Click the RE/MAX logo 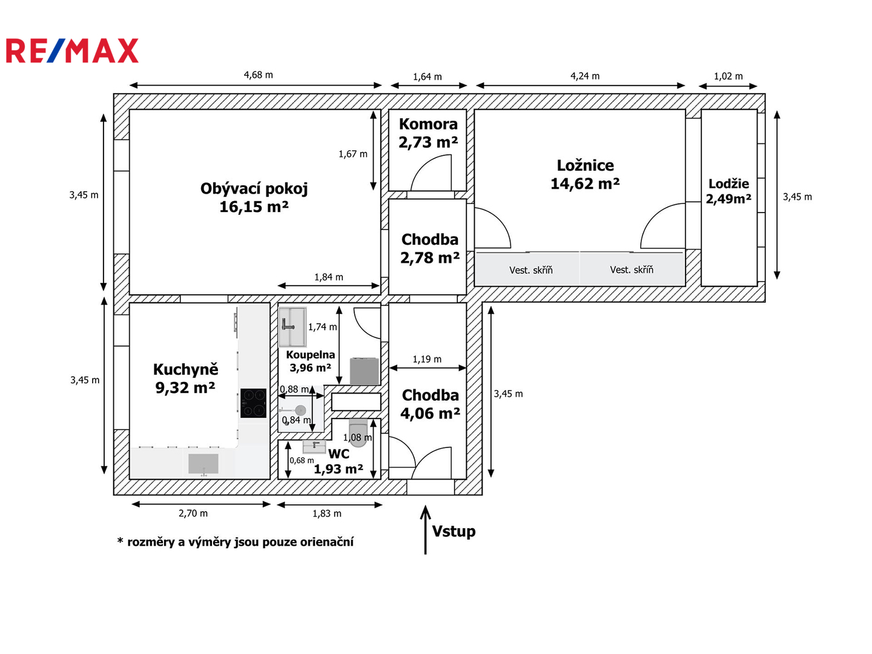[72, 50]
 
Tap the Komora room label [428, 124]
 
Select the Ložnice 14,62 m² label [585, 174]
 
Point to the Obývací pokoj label [254, 188]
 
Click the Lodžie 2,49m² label [728, 191]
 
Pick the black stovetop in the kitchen [253, 403]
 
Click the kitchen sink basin [203, 463]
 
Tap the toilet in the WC [358, 432]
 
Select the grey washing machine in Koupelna [364, 371]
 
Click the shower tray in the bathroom [292, 327]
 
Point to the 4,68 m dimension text [258, 74]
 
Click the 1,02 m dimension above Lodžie [728, 76]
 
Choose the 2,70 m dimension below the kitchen [193, 513]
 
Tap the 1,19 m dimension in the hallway [427, 359]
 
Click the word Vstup [454, 531]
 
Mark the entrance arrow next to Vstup [426, 530]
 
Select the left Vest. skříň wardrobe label [530, 270]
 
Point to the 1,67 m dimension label [353, 154]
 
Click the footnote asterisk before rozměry [120, 540]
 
